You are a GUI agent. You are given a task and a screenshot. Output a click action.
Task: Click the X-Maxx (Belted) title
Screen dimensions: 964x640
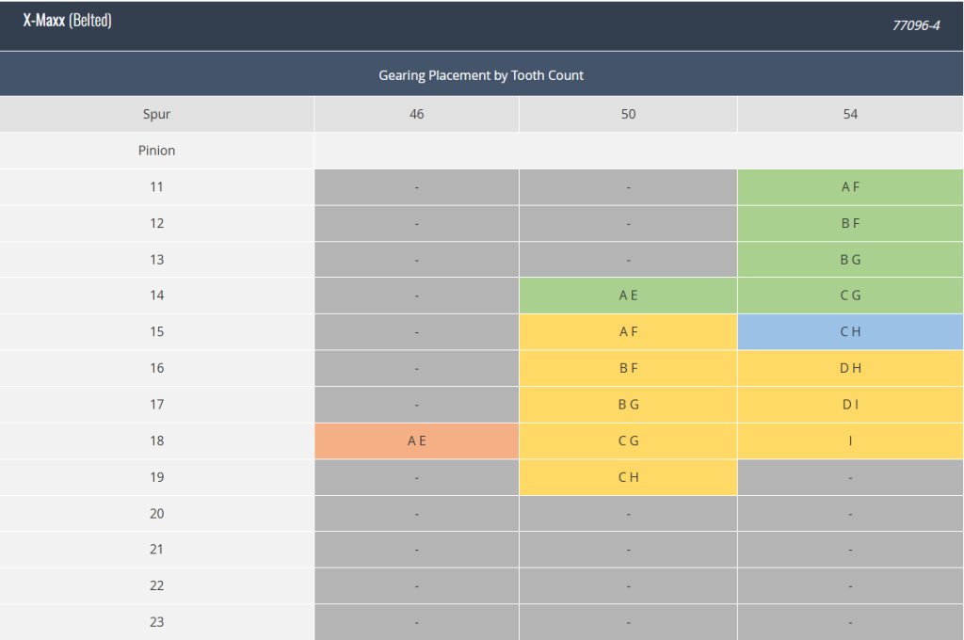68,21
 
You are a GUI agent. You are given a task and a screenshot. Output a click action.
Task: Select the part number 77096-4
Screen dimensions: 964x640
916,25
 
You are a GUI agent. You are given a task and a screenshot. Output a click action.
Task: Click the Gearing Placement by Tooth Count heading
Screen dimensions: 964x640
481,75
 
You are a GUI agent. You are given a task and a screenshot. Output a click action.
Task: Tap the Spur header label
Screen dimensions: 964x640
157,114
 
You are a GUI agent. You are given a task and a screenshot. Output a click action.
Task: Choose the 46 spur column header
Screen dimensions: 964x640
417,114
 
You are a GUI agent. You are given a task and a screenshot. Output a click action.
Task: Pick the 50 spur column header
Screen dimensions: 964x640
628,114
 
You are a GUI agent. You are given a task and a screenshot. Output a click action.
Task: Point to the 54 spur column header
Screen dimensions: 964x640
850,114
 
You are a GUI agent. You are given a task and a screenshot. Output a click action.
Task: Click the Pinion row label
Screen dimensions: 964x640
157,151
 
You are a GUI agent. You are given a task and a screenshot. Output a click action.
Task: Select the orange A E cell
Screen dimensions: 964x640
417,440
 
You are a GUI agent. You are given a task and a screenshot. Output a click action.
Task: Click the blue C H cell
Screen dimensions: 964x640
850,332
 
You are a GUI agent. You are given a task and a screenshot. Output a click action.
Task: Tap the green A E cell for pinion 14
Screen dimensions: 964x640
628,296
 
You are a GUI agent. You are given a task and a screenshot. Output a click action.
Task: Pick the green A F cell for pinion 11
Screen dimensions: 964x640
850,187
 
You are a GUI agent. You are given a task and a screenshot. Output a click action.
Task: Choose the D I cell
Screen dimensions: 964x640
850,405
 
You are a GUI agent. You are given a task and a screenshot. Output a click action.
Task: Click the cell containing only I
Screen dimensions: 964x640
850,440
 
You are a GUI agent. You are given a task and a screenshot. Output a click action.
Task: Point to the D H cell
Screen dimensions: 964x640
850,368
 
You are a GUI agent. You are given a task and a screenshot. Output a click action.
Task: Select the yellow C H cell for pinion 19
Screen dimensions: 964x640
628,477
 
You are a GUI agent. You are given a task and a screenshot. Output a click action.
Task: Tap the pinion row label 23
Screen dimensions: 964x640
157,621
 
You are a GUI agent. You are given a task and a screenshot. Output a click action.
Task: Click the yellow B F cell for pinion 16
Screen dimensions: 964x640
628,368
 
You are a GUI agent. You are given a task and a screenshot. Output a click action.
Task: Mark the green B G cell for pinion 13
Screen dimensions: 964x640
850,260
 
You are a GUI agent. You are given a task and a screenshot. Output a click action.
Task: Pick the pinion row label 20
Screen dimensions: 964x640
157,513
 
